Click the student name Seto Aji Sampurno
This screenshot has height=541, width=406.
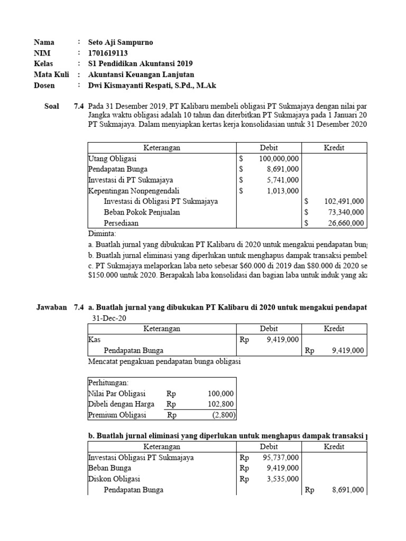(120, 42)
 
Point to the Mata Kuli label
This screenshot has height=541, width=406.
(51, 74)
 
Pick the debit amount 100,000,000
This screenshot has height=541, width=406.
(279, 158)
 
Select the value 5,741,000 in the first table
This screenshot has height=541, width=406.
(282, 180)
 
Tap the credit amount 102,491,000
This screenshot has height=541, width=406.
(342, 201)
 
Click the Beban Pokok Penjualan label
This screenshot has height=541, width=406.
(142, 212)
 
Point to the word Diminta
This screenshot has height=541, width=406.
(101, 234)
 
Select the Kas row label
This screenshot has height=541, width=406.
(94, 340)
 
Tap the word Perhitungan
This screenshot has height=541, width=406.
(108, 383)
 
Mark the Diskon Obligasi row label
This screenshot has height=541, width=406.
(113, 479)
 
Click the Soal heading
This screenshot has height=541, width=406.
(52, 106)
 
